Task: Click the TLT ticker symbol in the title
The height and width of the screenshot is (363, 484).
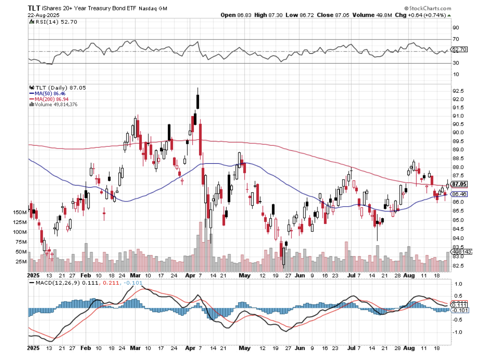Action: pos(35,8)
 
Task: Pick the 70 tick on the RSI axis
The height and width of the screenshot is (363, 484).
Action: pos(455,39)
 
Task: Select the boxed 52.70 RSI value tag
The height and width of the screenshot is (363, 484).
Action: pos(459,50)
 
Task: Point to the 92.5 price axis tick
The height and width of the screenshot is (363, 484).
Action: pos(458,91)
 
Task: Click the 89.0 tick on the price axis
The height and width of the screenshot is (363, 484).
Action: pos(458,150)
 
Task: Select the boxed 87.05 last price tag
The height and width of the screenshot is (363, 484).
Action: pos(459,184)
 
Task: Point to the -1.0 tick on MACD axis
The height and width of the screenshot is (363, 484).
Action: pos(457,332)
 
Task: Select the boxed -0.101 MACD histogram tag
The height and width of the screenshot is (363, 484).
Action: pos(459,310)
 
